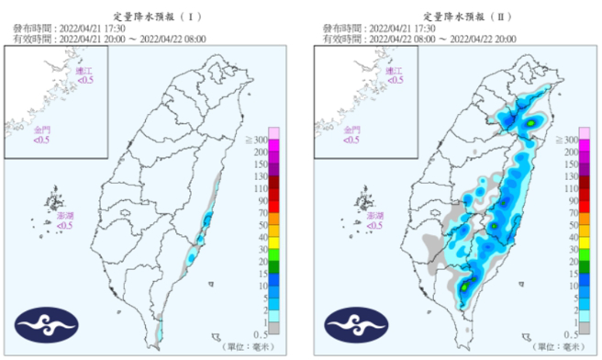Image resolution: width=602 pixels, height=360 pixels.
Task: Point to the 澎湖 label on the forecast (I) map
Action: point(65,217)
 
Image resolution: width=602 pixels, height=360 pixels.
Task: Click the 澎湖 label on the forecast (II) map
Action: point(375,217)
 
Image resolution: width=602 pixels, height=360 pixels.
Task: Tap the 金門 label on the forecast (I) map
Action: point(42,132)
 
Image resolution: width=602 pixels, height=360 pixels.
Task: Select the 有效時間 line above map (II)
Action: point(418,40)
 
